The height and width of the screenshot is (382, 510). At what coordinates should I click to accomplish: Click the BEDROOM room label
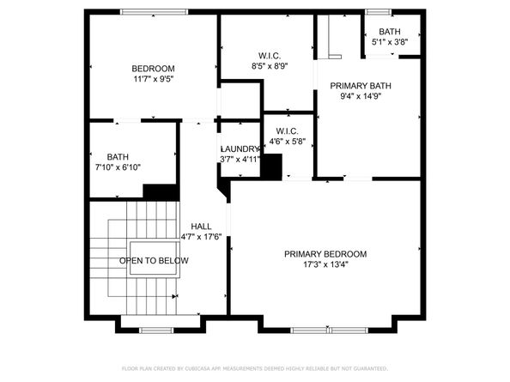(x=153, y=69)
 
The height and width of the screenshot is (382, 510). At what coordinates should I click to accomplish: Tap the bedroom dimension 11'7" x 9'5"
(x=153, y=79)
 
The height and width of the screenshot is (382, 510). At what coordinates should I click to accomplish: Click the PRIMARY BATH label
(x=359, y=86)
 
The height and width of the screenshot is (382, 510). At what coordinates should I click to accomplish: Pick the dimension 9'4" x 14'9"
(x=359, y=96)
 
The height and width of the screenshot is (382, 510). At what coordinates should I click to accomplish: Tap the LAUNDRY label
(x=240, y=149)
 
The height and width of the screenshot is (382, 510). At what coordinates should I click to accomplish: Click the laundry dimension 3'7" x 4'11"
(x=240, y=159)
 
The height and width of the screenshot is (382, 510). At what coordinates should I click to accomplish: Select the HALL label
(x=201, y=227)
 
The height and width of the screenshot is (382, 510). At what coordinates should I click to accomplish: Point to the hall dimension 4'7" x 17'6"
(x=201, y=237)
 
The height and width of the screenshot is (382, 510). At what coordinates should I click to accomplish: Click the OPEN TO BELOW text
(x=155, y=260)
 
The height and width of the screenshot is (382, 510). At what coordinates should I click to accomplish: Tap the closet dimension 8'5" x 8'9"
(x=269, y=65)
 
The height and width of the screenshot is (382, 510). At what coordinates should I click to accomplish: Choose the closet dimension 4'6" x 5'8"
(x=287, y=142)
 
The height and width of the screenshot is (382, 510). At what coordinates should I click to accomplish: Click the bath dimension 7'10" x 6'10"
(x=118, y=167)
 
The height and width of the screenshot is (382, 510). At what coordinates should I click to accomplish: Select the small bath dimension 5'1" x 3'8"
(x=389, y=41)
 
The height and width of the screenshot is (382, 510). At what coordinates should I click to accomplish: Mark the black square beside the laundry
(x=271, y=167)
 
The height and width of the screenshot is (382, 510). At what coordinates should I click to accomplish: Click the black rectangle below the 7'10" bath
(x=160, y=192)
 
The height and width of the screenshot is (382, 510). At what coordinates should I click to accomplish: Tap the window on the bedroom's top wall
(x=155, y=12)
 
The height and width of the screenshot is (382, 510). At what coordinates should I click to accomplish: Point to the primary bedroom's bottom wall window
(x=331, y=330)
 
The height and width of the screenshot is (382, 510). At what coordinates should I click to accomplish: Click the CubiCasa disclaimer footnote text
(x=255, y=367)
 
